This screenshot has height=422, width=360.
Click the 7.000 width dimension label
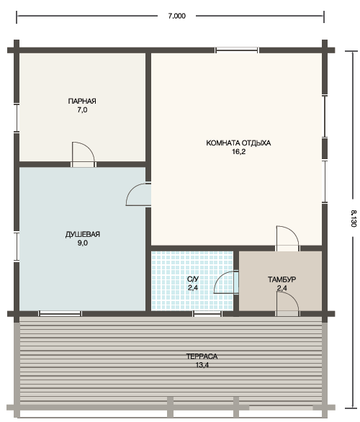pyautogui.click(x=177, y=16)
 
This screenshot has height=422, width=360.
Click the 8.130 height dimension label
pyautogui.click(x=354, y=218)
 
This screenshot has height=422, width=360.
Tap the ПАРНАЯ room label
pyautogui.click(x=82, y=102)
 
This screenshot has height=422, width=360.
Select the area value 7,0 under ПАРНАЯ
pyautogui.click(x=82, y=110)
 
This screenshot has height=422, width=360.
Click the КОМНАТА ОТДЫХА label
pyautogui.click(x=238, y=143)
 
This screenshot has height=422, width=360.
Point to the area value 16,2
pyautogui.click(x=238, y=152)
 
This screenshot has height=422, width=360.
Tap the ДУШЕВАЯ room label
pyautogui.click(x=83, y=234)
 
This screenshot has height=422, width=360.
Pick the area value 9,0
pyautogui.click(x=83, y=243)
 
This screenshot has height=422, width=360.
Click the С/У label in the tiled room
pyautogui.click(x=193, y=279)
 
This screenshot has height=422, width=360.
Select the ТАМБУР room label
pyautogui.click(x=282, y=279)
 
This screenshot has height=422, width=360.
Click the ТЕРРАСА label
pyautogui.click(x=202, y=356)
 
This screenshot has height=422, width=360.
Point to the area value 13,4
pyautogui.click(x=202, y=365)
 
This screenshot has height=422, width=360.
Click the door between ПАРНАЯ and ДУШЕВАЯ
pyautogui.click(x=83, y=155)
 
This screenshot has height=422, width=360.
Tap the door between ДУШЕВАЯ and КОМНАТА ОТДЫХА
pyautogui.click(x=138, y=194)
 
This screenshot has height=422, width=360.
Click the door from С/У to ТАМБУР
pyautogui.click(x=226, y=282)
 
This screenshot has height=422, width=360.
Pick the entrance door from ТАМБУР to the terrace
pyautogui.click(x=287, y=304)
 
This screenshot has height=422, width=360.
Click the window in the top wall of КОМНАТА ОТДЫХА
pyautogui.click(x=237, y=50)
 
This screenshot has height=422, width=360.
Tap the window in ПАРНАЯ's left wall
pyautogui.click(x=17, y=117)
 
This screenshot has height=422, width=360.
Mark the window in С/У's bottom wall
pyautogui.click(x=207, y=313)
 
